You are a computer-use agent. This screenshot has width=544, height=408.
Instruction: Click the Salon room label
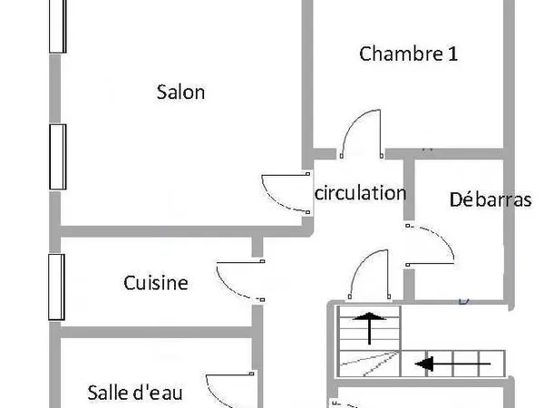180,92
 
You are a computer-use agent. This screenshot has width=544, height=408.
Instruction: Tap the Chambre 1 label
408,53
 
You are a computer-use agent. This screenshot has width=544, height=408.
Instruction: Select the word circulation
361,193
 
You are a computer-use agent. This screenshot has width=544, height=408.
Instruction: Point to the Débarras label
491,199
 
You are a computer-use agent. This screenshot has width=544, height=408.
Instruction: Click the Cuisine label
156,283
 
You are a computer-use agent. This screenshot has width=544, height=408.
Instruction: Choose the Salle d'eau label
135,393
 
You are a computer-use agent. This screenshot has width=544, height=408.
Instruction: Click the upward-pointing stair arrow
369,328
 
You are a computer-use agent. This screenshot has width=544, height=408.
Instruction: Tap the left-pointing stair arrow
452,364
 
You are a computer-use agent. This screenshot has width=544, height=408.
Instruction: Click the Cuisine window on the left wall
56,287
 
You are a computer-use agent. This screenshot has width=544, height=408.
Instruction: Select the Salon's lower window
58,157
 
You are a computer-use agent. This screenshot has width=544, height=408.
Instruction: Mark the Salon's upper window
58,26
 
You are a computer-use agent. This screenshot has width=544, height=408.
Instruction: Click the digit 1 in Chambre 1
452,54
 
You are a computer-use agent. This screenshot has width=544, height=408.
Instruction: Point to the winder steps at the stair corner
369,364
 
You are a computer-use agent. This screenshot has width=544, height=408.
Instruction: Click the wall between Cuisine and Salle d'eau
156,332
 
